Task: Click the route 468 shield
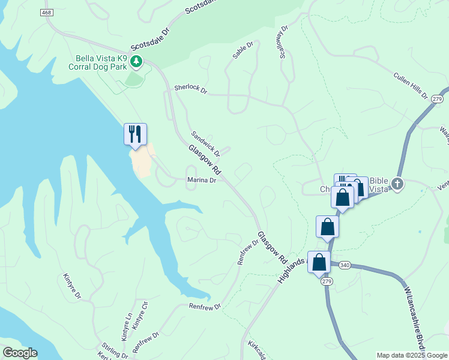pyautogui.click(x=47, y=13)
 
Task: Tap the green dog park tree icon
pyautogui.click(x=137, y=61)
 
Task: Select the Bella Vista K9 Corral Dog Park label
pyautogui.click(x=101, y=62)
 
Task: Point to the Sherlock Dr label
pyautogui.click(x=190, y=89)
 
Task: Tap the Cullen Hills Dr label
pyautogui.click(x=410, y=86)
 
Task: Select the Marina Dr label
pyautogui.click(x=201, y=179)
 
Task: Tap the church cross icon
pyautogui.click(x=396, y=183)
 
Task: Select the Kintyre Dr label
pyautogui.click(x=72, y=287)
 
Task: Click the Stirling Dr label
pyautogui.click(x=116, y=351)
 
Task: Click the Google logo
pyautogui.click(x=20, y=353)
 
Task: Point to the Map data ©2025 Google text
pyautogui.click(x=412, y=355)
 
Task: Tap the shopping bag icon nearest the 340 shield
pyautogui.click(x=319, y=262)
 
